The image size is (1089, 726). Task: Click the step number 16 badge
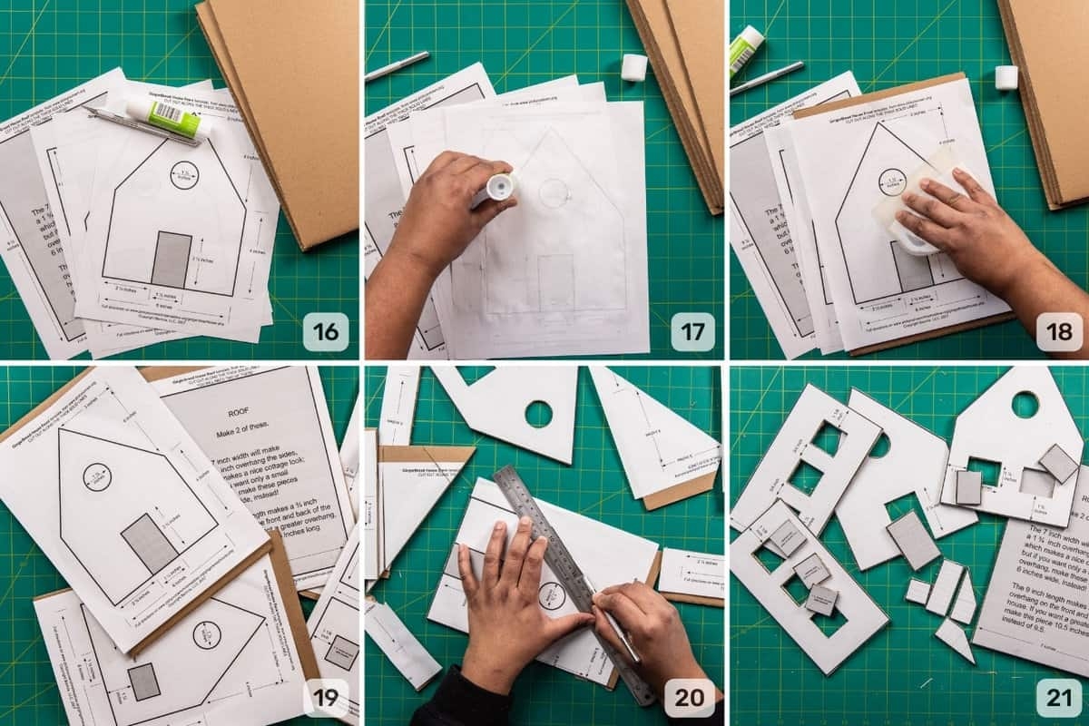pyautogui.click(x=325, y=332)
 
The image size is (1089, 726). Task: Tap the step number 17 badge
pyautogui.click(x=692, y=332)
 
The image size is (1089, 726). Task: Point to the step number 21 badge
pyautogui.click(x=1058, y=698)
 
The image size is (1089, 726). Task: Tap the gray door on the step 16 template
pyautogui.click(x=172, y=259)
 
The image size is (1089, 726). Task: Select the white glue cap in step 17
pyautogui.click(x=634, y=67)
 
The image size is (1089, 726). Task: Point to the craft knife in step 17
pyautogui.click(x=397, y=66)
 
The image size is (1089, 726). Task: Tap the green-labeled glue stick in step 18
pyautogui.click(x=746, y=51)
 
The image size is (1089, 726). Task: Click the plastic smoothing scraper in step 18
pyautogui.click(x=917, y=213)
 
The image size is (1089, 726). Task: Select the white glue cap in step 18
pyautogui.click(x=1006, y=77)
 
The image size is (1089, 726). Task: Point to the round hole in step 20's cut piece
pyautogui.click(x=538, y=414)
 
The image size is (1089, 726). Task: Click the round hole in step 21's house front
pyautogui.click(x=1025, y=405)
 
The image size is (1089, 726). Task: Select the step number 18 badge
pyautogui.click(x=1058, y=332)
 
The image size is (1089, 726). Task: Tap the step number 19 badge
pyautogui.click(x=325, y=698)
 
